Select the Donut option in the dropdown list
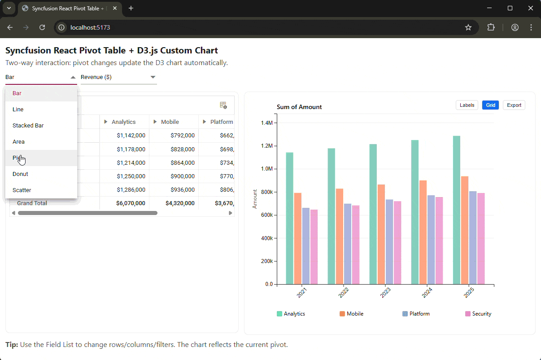click(x=21, y=174)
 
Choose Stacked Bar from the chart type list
click(x=28, y=125)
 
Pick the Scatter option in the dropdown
click(x=22, y=190)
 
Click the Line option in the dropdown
click(x=18, y=109)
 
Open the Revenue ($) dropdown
click(x=118, y=77)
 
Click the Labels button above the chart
click(x=467, y=105)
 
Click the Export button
click(x=514, y=105)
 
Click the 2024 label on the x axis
click(x=427, y=293)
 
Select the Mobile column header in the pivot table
click(x=170, y=122)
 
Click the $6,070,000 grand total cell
click(x=131, y=203)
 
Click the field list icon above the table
click(x=223, y=105)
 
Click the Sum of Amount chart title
click(x=299, y=107)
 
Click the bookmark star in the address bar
click(x=468, y=27)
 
